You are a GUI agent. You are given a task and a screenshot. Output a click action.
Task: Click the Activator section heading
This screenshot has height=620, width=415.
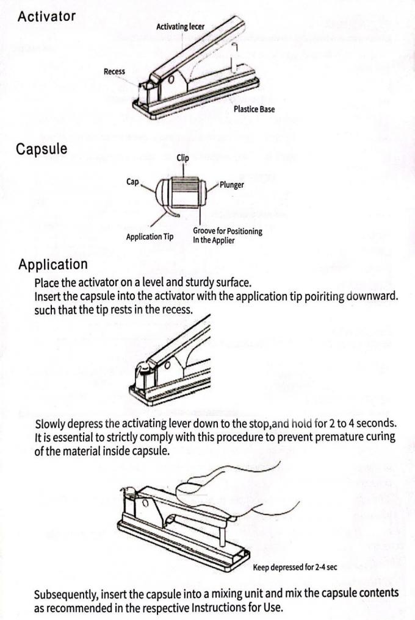(46, 17)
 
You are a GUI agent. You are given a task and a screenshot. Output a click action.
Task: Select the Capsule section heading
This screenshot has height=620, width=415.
(42, 149)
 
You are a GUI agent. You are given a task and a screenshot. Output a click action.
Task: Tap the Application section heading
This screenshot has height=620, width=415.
(52, 265)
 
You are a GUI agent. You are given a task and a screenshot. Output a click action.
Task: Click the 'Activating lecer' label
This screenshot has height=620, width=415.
(180, 27)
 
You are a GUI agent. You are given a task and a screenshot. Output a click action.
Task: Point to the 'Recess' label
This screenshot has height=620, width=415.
(114, 72)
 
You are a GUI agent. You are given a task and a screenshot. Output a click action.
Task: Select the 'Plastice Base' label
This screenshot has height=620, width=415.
(254, 110)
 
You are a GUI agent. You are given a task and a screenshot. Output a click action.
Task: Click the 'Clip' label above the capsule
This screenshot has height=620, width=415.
(182, 158)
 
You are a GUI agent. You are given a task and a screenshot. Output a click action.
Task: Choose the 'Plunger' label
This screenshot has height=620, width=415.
(231, 185)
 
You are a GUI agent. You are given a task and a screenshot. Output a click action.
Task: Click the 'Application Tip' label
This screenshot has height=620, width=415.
(150, 237)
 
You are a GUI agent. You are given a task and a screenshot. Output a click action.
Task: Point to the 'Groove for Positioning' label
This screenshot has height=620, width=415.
(227, 232)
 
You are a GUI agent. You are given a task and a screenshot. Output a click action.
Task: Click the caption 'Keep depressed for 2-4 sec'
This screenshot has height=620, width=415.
(295, 568)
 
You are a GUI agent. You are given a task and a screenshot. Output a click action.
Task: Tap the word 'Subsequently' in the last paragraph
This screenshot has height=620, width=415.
(66, 594)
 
